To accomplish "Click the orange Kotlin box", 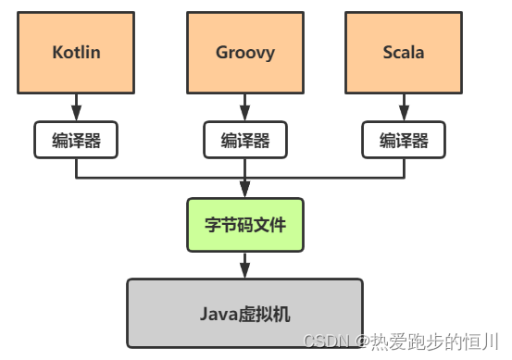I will tap(76, 52).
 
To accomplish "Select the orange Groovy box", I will tap(245, 52).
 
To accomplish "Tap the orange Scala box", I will tap(403, 52).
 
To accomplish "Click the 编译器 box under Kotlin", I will tap(76, 140).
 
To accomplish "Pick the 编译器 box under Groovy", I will tap(245, 140).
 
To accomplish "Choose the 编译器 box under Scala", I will tap(403, 140).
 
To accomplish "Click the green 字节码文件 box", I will tap(245, 224).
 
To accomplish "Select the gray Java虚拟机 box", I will tap(245, 313).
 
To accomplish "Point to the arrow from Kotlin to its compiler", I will tap(76, 107).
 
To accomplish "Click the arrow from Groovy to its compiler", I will tap(245, 107).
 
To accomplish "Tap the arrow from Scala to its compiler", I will tap(403, 107).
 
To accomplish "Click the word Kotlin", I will tap(76, 52).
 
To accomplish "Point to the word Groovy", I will tap(245, 52).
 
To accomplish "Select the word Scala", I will tap(403, 52).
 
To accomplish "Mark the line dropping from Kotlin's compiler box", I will tap(76, 168).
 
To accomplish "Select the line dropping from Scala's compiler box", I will tap(403, 168).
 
